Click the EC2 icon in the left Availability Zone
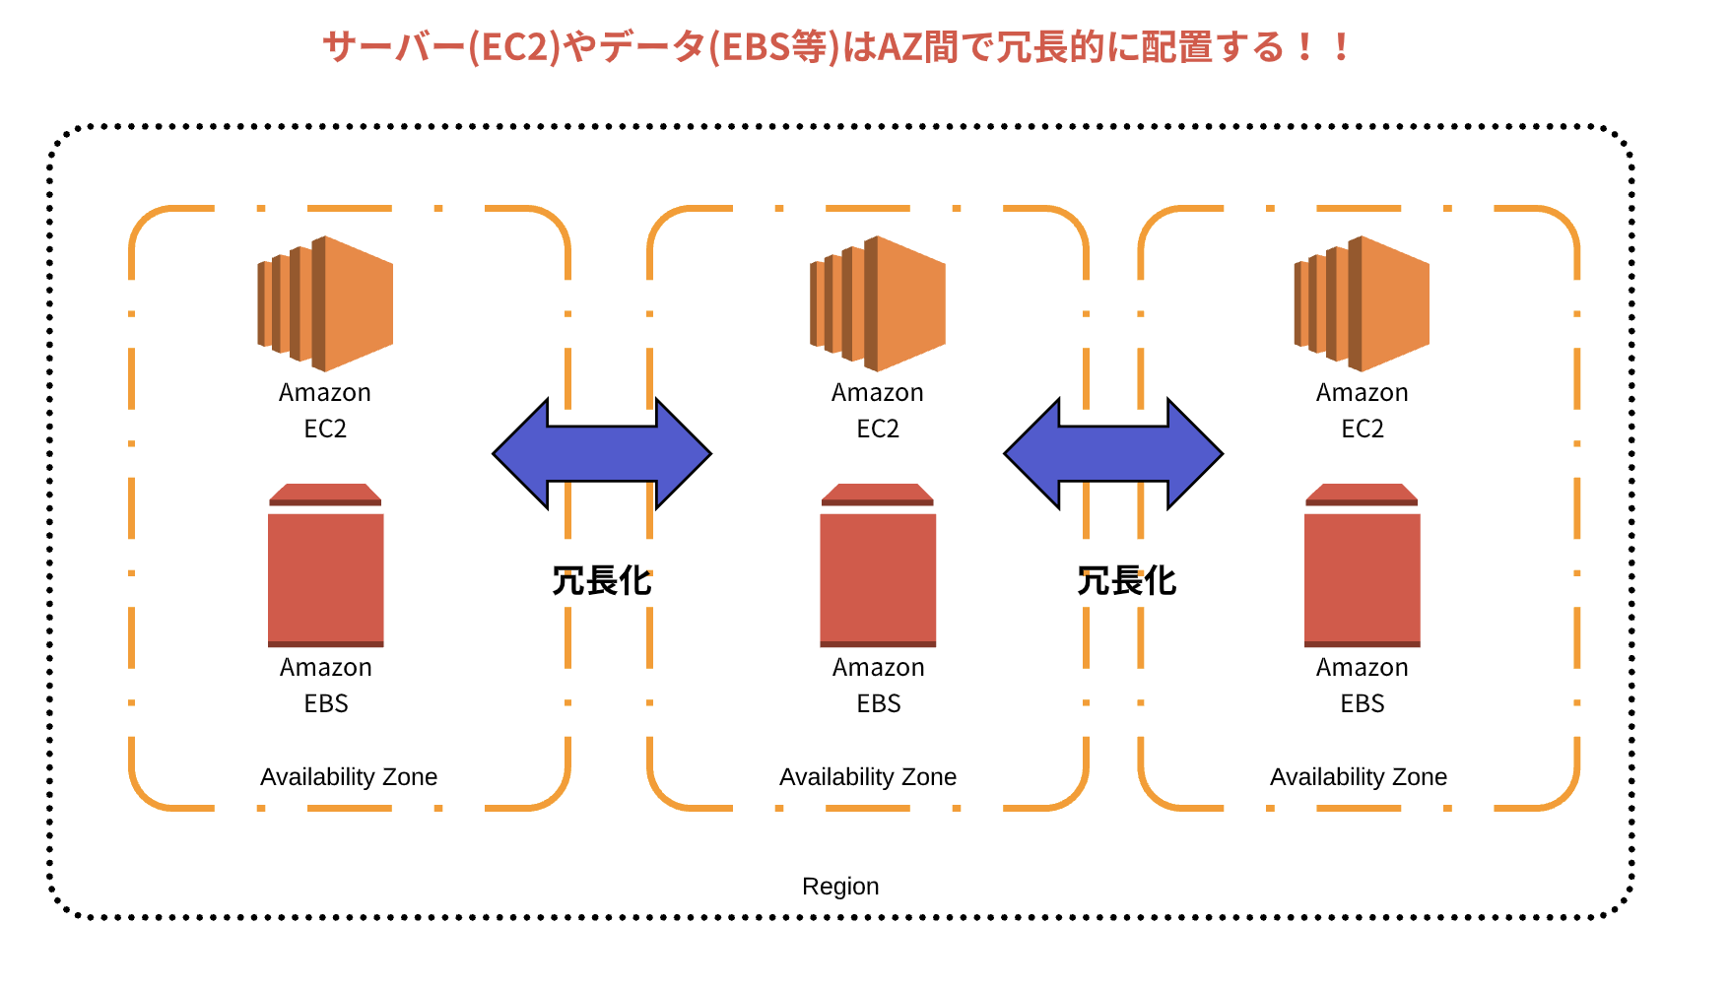(x=325, y=303)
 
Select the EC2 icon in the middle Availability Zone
(x=878, y=303)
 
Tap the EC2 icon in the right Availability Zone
(x=1362, y=303)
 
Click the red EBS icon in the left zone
(x=326, y=566)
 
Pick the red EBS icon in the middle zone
(x=878, y=566)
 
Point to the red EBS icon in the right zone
(x=1362, y=566)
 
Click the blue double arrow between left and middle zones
(x=601, y=454)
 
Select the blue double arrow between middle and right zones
(x=1113, y=454)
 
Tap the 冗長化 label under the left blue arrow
(x=601, y=581)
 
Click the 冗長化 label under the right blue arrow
(x=1126, y=581)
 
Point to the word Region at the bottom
(x=840, y=887)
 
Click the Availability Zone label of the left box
(x=349, y=777)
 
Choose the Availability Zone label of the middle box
(x=868, y=777)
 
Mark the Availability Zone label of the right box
(x=1359, y=777)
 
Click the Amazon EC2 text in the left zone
(x=325, y=411)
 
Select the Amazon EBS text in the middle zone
(x=879, y=686)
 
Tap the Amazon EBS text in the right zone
(x=1363, y=686)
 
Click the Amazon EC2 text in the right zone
(x=1363, y=411)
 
